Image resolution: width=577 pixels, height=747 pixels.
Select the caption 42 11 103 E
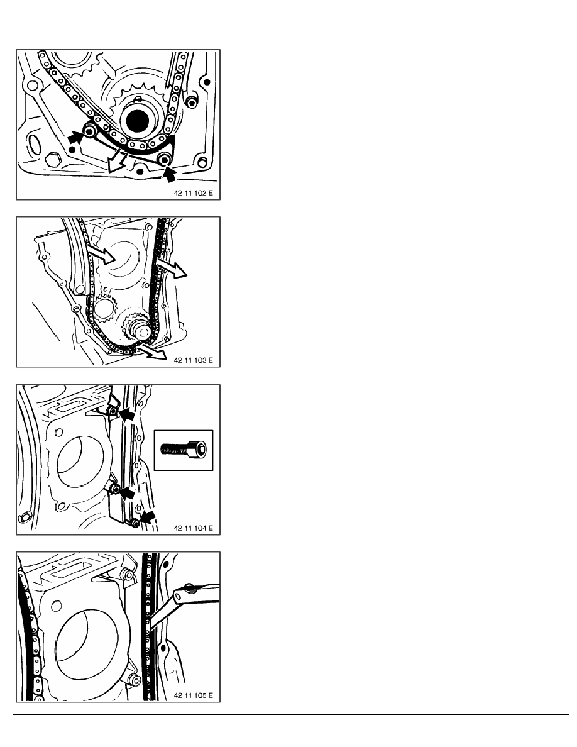[194, 360]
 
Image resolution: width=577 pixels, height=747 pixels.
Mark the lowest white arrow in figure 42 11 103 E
[153, 351]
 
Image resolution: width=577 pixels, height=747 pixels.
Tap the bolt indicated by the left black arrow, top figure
[90, 131]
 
